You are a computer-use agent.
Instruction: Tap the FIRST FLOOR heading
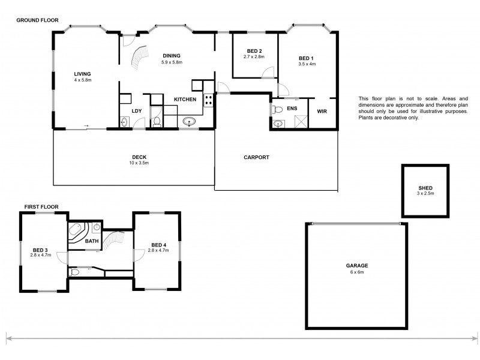coord(41,207)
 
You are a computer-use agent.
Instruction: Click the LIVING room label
coord(82,74)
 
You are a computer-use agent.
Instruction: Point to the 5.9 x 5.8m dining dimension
coord(172,62)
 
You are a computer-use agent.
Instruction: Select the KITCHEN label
coord(184,99)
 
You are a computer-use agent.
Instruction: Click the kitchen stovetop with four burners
coord(209,100)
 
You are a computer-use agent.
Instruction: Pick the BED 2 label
coord(254,51)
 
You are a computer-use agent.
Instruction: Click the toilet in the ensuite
coord(278,109)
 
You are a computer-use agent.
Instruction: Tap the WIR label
coord(322,110)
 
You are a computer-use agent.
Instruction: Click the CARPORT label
coord(256,158)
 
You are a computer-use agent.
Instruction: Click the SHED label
coord(425,188)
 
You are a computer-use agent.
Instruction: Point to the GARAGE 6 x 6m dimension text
coord(356,272)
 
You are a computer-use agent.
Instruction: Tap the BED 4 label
coord(158,244)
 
